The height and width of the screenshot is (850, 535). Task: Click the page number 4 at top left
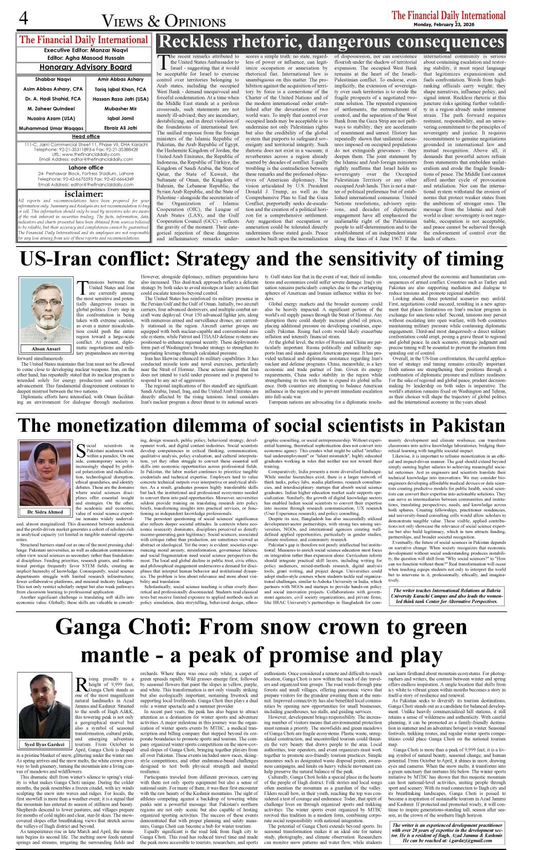[x=23, y=19]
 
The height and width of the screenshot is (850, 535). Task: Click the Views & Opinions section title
[x=164, y=21]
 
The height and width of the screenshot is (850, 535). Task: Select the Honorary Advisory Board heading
[x=85, y=67]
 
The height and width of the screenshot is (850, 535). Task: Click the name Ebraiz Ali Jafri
[x=121, y=128]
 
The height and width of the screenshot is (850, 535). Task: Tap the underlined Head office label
[x=85, y=136]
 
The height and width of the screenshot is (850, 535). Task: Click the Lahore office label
[x=85, y=168]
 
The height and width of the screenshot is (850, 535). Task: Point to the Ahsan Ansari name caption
[x=46, y=348]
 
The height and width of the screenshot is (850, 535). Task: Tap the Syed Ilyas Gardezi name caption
[x=45, y=745]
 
